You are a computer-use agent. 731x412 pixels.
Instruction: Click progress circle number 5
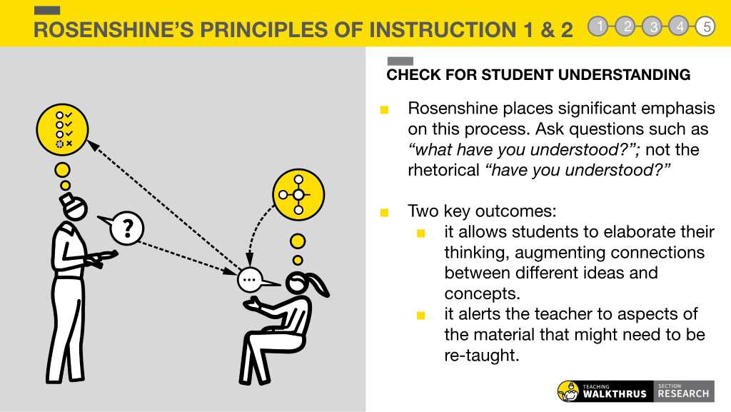click(706, 26)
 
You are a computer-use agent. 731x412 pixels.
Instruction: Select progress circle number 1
click(599, 26)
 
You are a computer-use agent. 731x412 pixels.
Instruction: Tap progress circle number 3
click(652, 26)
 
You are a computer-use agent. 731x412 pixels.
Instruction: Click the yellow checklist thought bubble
click(63, 129)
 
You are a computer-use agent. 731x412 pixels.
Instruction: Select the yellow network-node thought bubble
click(298, 194)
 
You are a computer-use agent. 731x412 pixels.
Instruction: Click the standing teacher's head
click(74, 207)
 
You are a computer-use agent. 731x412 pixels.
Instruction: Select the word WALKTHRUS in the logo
click(615, 394)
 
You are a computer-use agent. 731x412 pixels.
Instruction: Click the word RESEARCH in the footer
click(683, 394)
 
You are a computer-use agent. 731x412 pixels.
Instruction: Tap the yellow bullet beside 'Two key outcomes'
click(384, 213)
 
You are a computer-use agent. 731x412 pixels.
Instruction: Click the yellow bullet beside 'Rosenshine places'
click(384, 110)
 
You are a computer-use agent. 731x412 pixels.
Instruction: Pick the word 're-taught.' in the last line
click(482, 355)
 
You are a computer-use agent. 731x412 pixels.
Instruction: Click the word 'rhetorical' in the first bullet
click(443, 170)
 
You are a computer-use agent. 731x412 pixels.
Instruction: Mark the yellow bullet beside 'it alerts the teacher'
click(421, 316)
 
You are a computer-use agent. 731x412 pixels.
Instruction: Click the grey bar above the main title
click(47, 10)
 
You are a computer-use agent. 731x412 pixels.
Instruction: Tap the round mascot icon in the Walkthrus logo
click(568, 391)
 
